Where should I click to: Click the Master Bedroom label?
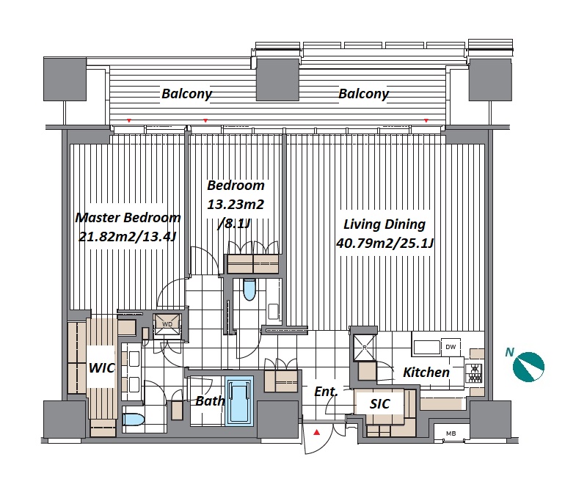coord(128,218)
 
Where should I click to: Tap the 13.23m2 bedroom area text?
coord(236,204)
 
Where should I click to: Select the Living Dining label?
coord(384,224)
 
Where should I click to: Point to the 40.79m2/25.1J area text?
coord(385,243)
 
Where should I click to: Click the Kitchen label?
coord(426,373)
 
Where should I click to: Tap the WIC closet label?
coord(102,367)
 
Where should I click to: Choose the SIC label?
coord(379,404)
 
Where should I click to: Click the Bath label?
coord(210,400)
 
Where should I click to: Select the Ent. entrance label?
coord(326,392)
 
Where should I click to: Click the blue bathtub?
coord(239,400)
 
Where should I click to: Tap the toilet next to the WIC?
coord(133,420)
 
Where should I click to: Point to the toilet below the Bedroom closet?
coord(249,290)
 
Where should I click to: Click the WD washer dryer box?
coord(167,324)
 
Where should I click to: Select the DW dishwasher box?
coord(451,347)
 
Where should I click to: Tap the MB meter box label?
coord(451,433)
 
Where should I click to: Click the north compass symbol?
coord(528,367)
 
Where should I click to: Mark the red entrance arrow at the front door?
coord(317,433)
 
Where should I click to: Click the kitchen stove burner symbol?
coord(474,373)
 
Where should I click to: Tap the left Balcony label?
coord(186,94)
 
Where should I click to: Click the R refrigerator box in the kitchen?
coord(365,347)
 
